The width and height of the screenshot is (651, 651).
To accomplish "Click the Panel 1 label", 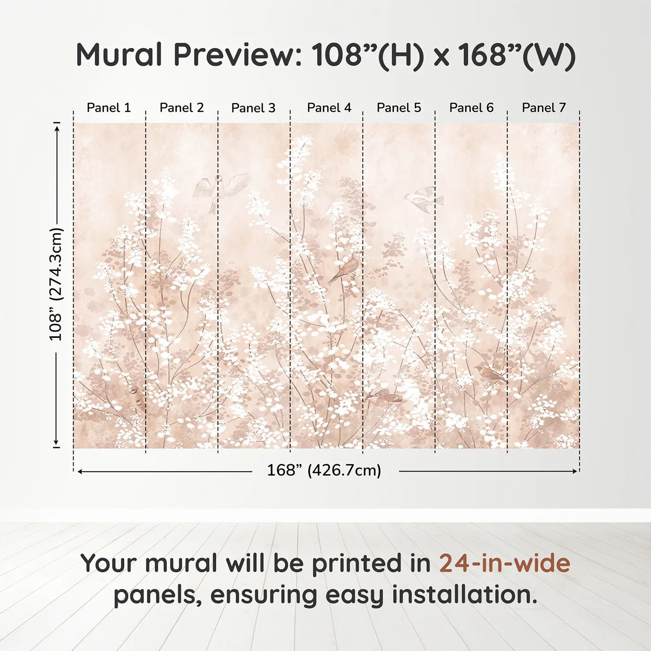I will pos(109,108).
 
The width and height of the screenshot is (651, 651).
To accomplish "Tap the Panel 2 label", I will pos(181,108).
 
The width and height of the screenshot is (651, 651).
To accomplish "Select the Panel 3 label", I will pos(253,108).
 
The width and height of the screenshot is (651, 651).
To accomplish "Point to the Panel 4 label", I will pos(329,108).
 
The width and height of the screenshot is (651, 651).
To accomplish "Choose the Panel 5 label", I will pos(399,108).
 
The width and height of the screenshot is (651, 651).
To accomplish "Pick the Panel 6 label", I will pos(471,108).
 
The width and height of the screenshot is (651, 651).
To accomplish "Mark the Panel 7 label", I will pos(544,108).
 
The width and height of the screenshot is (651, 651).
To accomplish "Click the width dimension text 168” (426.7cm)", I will pos(324,471).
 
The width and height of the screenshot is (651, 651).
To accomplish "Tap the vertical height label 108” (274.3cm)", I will pos(56,284).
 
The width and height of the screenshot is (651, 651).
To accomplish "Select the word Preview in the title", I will pos(238,55).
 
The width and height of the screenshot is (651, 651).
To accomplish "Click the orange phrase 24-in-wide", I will pos(505,564).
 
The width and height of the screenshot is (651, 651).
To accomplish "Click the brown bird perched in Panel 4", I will pos(346,267).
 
